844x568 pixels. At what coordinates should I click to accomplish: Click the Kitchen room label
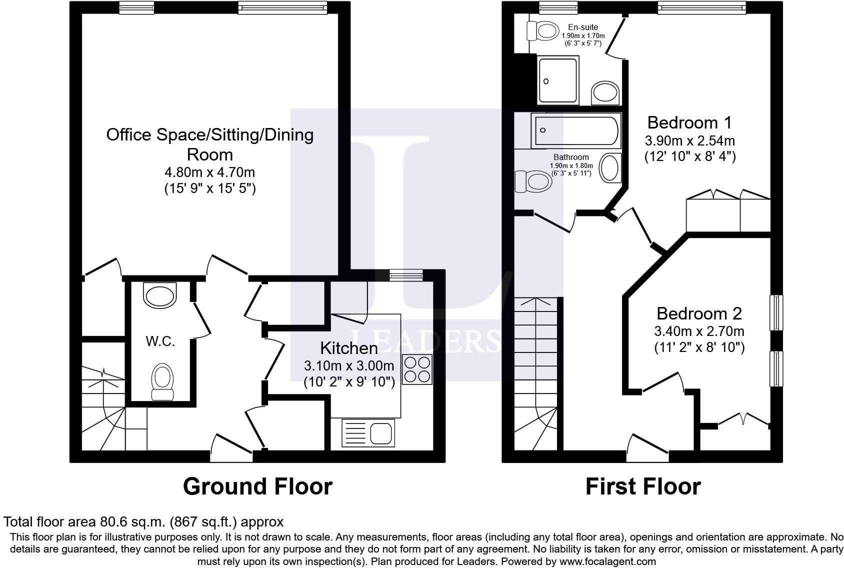[348, 348]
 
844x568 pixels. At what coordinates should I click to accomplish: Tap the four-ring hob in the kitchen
[417, 369]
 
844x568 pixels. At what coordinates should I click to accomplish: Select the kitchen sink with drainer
[368, 433]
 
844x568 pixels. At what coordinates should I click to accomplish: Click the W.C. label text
[160, 341]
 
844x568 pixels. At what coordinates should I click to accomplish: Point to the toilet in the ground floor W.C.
[162, 381]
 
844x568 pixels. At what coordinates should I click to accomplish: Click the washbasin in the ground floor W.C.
[160, 295]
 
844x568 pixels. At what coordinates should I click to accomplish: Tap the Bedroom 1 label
[689, 122]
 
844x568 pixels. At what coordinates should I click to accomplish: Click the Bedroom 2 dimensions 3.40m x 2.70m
[698, 331]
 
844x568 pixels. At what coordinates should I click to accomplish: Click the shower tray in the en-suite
[557, 80]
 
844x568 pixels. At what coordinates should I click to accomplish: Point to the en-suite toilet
[543, 31]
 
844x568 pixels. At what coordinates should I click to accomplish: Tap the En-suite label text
[582, 27]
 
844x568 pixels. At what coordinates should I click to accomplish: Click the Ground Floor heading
[257, 486]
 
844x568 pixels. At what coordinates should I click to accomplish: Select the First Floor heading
[642, 486]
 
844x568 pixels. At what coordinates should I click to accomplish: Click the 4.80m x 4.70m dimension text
[209, 172]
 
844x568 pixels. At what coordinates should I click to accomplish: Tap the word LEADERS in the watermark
[425, 341]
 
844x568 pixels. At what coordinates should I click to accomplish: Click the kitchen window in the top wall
[406, 274]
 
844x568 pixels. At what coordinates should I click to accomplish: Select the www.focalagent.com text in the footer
[606, 561]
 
